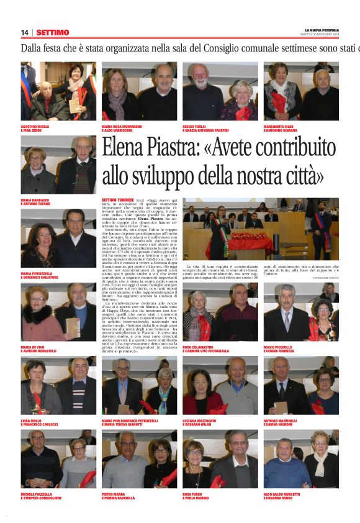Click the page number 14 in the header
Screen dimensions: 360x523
click(x=25, y=32)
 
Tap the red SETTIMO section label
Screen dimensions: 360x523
click(x=53, y=32)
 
